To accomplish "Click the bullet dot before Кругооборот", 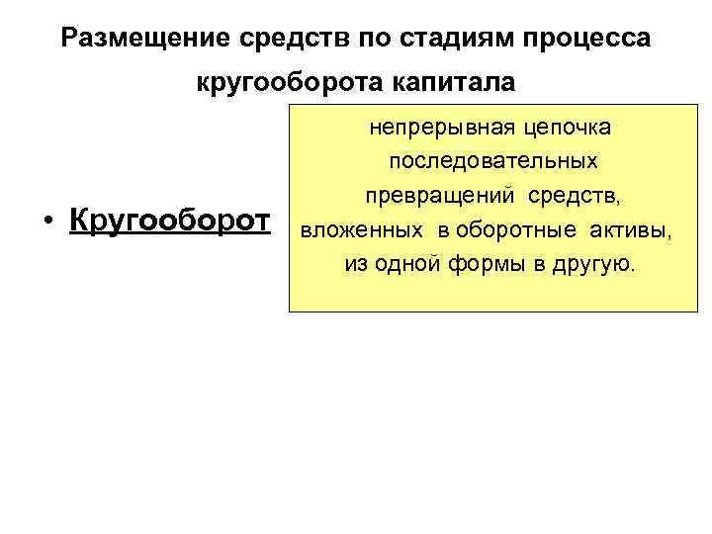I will click(x=46, y=220).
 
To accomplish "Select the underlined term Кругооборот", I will click(x=169, y=220).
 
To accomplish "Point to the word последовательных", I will click(x=491, y=162).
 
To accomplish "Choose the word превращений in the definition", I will click(x=438, y=197).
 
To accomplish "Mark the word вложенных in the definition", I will click(x=349, y=231).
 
